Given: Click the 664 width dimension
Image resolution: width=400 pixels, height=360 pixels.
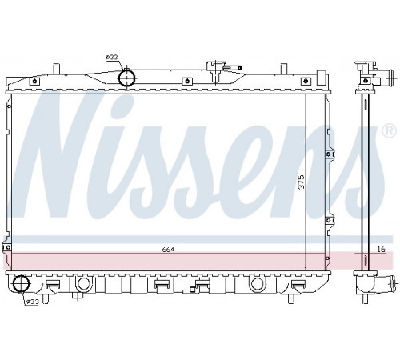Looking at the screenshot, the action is [x=168, y=250].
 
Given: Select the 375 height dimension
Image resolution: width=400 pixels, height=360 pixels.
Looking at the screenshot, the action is [x=302, y=182].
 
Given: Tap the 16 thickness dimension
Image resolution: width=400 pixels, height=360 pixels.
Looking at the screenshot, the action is [x=382, y=249].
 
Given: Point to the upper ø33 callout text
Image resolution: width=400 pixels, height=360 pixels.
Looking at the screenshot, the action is [x=112, y=57].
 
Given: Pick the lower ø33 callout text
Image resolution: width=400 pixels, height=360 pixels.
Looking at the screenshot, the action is [x=33, y=302].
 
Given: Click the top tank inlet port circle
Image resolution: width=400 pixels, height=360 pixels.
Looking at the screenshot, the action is [x=126, y=78].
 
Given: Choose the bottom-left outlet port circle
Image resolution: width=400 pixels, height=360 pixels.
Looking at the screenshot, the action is [x=22, y=283].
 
